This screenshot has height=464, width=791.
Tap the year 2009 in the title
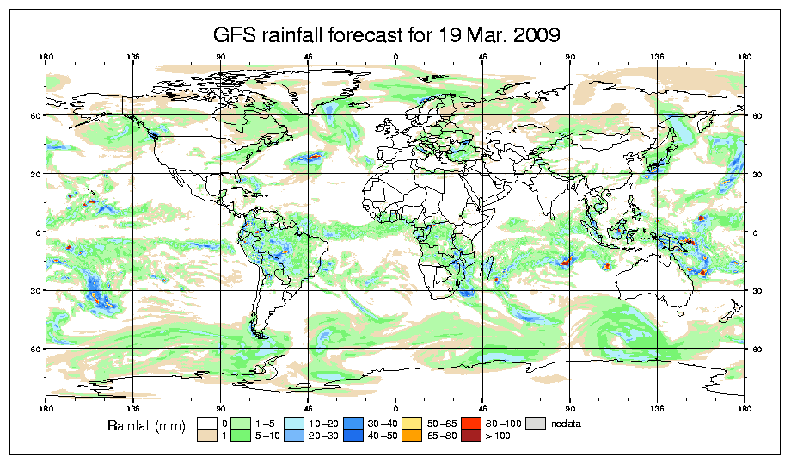[x=535, y=35]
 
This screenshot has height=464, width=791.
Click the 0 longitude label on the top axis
[x=395, y=59]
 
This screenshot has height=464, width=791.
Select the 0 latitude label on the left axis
[x=36, y=232]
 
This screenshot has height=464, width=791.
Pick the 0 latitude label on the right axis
[x=754, y=232]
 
